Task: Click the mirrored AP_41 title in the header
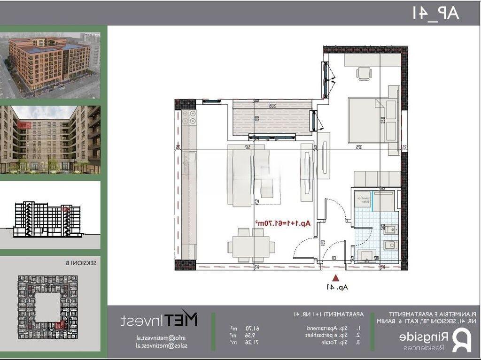(x=436, y=13)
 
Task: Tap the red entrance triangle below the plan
(x=335, y=277)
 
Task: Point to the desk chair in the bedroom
(x=364, y=73)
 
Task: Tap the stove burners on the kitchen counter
(x=192, y=120)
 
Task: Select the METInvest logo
(x=159, y=320)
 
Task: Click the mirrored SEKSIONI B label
(x=85, y=263)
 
